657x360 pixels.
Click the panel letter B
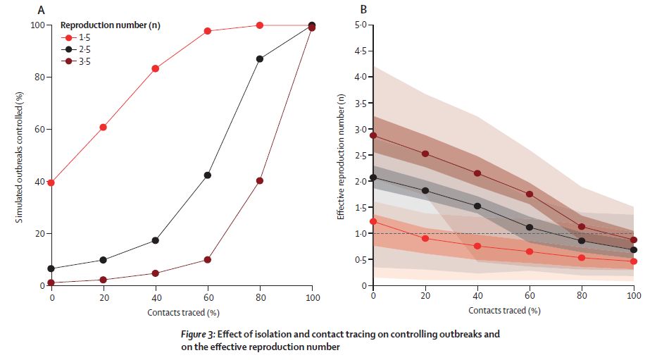pyautogui.click(x=363, y=10)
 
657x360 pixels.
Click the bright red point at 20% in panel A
pyautogui.click(x=104, y=127)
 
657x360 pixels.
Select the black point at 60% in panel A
pyautogui.click(x=208, y=175)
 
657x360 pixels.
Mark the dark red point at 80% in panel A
pyautogui.click(x=260, y=180)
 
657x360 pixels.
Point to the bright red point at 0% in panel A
pyautogui.click(x=51, y=182)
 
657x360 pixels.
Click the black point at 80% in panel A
pyautogui.click(x=260, y=58)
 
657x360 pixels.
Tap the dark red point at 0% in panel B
pyautogui.click(x=373, y=135)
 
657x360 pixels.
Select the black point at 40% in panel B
pyautogui.click(x=477, y=206)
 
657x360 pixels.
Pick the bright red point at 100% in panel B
pyautogui.click(x=634, y=261)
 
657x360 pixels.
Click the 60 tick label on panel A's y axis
pyautogui.click(x=39, y=129)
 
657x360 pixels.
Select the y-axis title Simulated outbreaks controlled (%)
pyautogui.click(x=20, y=154)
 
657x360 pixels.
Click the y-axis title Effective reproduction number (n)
pyautogui.click(x=341, y=154)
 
